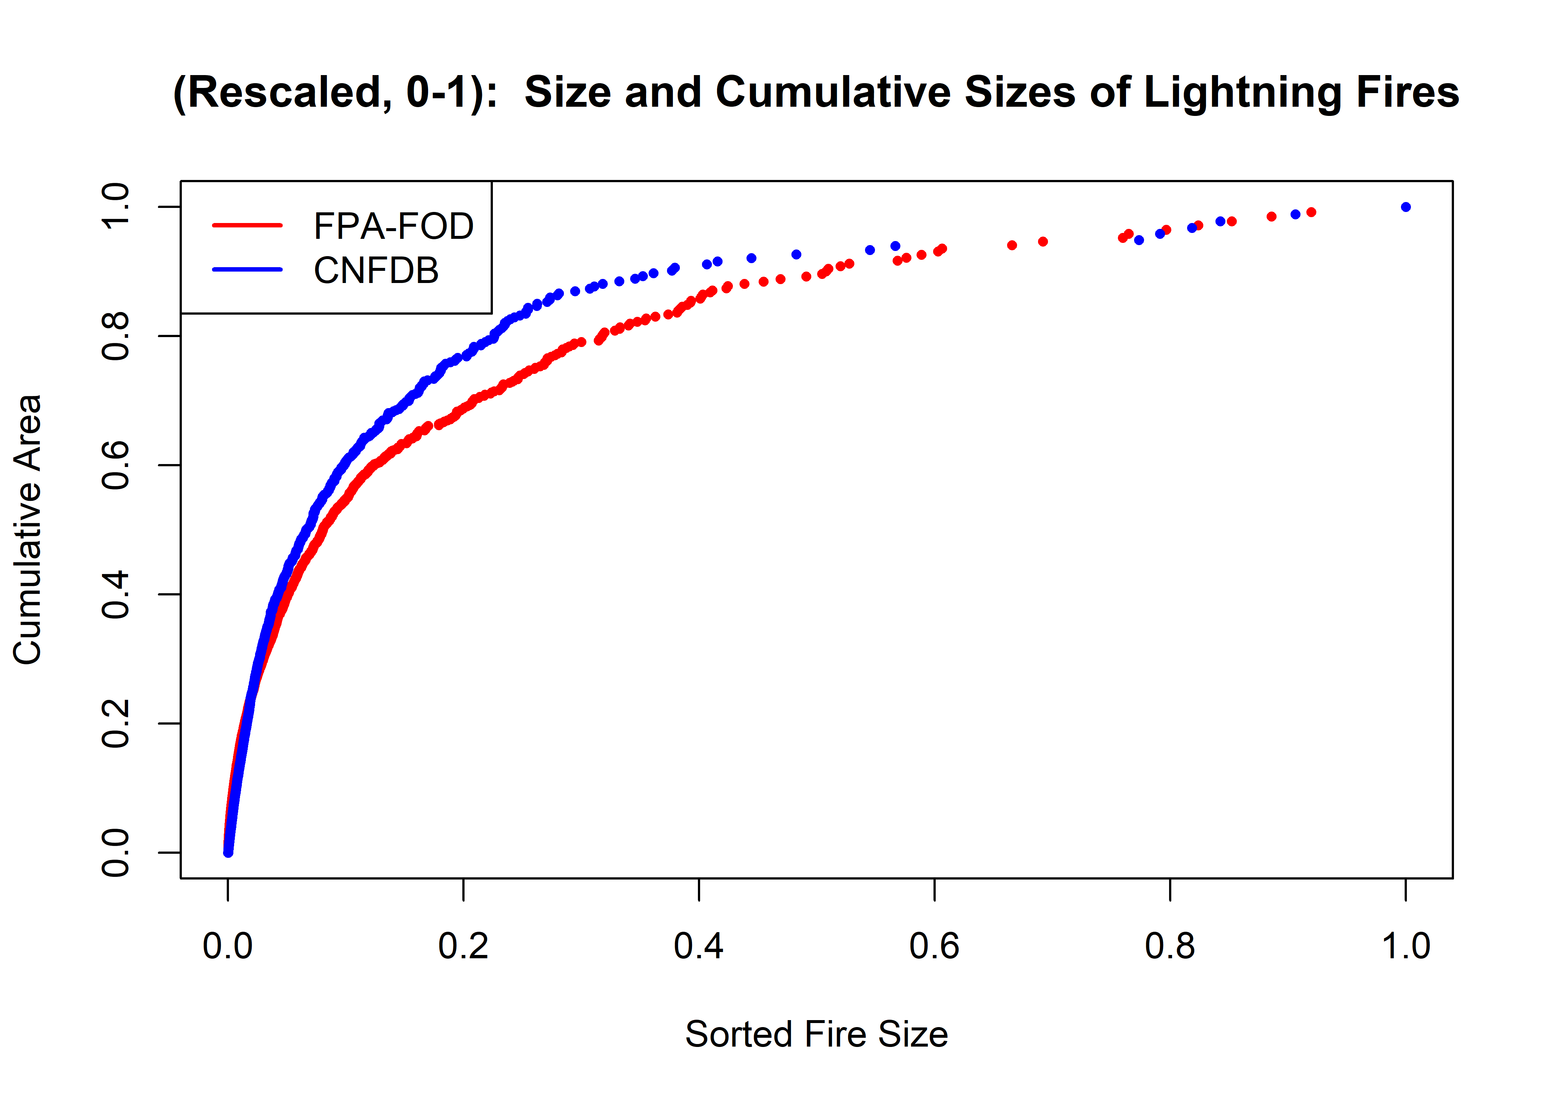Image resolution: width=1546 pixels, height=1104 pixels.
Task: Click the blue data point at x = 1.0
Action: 1405,207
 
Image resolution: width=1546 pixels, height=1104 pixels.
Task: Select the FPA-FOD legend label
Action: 393,226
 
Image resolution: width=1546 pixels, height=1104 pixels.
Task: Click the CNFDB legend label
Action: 376,270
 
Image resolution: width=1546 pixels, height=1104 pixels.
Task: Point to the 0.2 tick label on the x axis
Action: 463,946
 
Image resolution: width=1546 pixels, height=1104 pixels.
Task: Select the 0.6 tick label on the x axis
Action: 934,946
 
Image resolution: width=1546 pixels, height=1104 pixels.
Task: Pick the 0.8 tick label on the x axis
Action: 1169,946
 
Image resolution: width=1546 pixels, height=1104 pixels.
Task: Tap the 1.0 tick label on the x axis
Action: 1405,946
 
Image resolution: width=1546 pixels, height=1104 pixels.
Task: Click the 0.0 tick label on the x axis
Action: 228,946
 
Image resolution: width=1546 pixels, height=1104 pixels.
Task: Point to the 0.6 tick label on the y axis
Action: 116,465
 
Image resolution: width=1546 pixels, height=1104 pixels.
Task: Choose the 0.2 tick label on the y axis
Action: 116,723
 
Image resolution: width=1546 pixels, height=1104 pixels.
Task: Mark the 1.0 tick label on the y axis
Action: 116,207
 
